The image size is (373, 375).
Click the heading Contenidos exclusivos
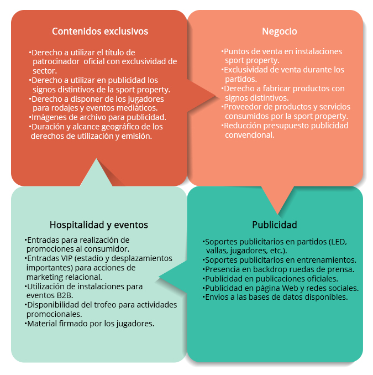tap(100, 32)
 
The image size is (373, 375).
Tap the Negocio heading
tap(279, 32)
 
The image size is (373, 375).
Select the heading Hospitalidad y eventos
tap(99, 225)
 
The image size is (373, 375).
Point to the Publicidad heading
tap(275, 225)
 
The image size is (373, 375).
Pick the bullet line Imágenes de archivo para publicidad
tap(98, 117)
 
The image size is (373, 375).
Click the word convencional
tap(250, 135)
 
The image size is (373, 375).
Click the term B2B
tap(65, 295)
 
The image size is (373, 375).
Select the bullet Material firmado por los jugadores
tap(90, 324)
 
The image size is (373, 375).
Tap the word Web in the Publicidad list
tap(290, 288)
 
